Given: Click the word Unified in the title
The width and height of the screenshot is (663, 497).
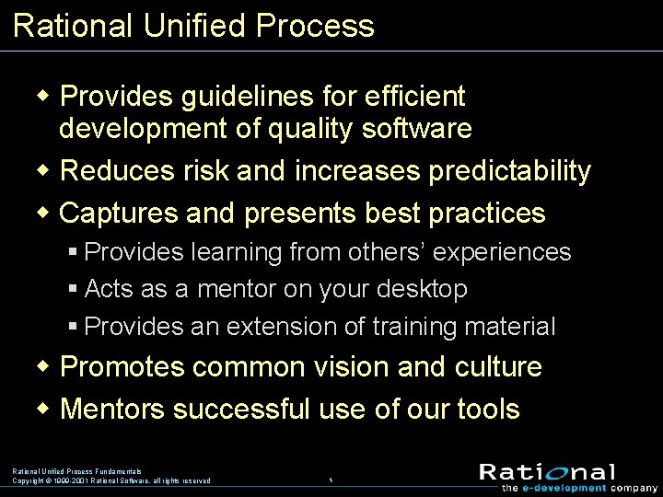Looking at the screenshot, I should [193, 25].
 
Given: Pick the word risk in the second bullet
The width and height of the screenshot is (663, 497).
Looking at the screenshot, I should [205, 171].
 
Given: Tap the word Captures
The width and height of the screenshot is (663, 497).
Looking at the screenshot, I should [119, 214].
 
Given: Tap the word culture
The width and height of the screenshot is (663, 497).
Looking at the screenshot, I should [498, 366].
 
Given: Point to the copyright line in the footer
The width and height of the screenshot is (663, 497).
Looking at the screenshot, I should [110, 480].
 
